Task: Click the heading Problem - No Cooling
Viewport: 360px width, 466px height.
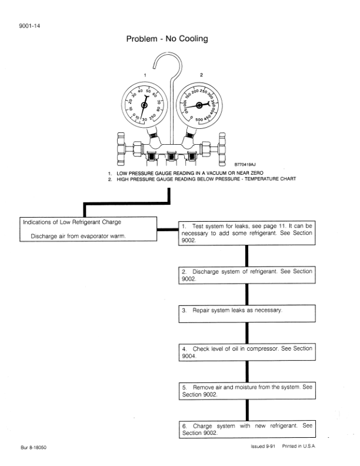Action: click(167, 39)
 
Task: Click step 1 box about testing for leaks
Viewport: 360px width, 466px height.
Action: click(246, 233)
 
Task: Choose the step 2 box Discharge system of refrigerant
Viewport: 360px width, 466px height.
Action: click(246, 275)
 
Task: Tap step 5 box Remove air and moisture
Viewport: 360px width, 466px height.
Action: click(246, 391)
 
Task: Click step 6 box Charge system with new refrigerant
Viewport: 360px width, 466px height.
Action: click(246, 429)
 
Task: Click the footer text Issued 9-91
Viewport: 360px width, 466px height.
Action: click(263, 447)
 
